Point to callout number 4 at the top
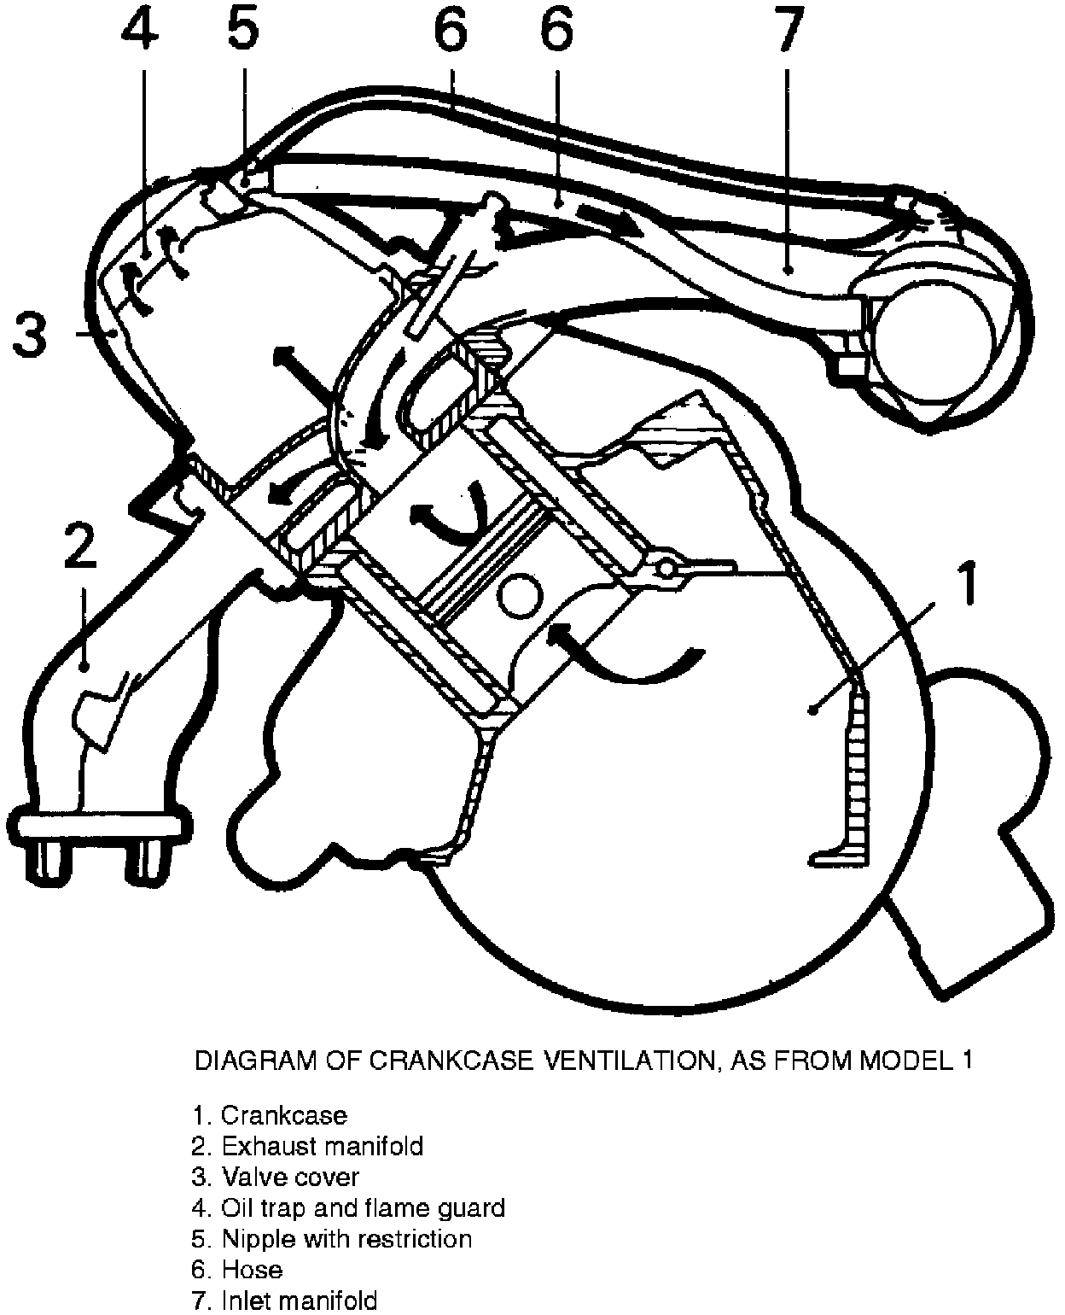click(141, 32)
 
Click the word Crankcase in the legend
click(283, 1114)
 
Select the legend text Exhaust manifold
click(322, 1145)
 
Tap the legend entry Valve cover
click(290, 1177)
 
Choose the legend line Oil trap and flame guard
click(363, 1207)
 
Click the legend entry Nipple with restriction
click(346, 1238)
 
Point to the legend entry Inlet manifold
click(299, 1300)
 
